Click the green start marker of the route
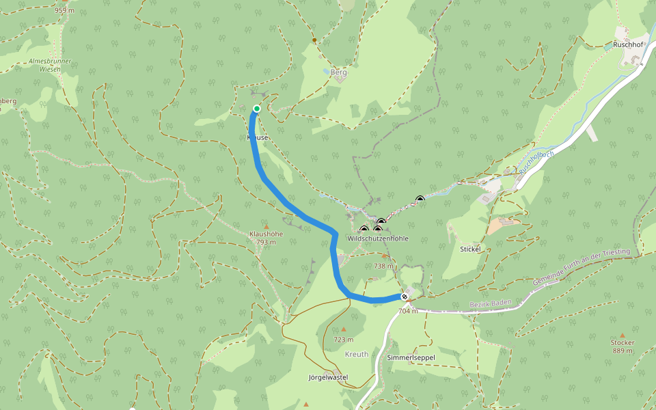[257, 109]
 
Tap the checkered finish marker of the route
[405, 296]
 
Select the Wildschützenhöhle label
[378, 238]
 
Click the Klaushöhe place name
[266, 234]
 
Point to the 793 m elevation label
[266, 242]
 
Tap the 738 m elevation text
[384, 266]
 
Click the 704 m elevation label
[408, 311]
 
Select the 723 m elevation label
[344, 340]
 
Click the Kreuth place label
[357, 354]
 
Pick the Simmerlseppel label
[411, 358]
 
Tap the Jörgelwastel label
[328, 377]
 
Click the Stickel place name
[471, 249]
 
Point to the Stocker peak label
[623, 342]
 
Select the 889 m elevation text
[623, 351]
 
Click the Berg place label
[339, 72]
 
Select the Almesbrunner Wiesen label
[50, 65]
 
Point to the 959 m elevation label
[64, 10]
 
